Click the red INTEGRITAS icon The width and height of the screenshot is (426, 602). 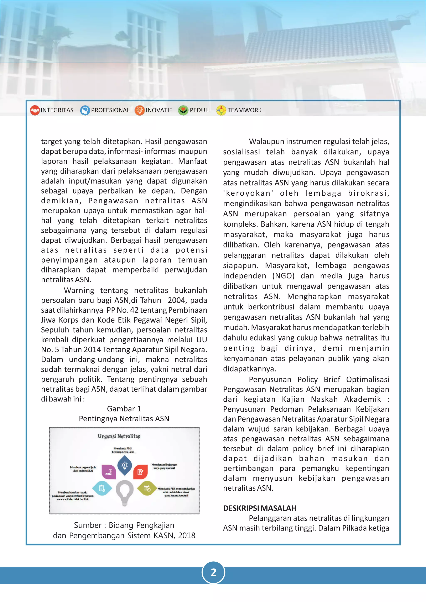[35, 110]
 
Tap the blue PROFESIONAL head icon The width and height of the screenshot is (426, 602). [85, 110]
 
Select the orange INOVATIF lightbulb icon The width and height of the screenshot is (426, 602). [140, 110]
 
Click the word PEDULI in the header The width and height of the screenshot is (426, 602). [200, 110]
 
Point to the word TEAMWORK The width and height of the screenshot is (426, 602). [244, 110]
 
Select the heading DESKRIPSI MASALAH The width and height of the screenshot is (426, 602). [259, 508]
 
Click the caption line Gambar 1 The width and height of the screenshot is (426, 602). [124, 409]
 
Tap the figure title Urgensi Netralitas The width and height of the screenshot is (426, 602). [119, 436]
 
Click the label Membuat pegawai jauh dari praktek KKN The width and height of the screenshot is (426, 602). [83, 469]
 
